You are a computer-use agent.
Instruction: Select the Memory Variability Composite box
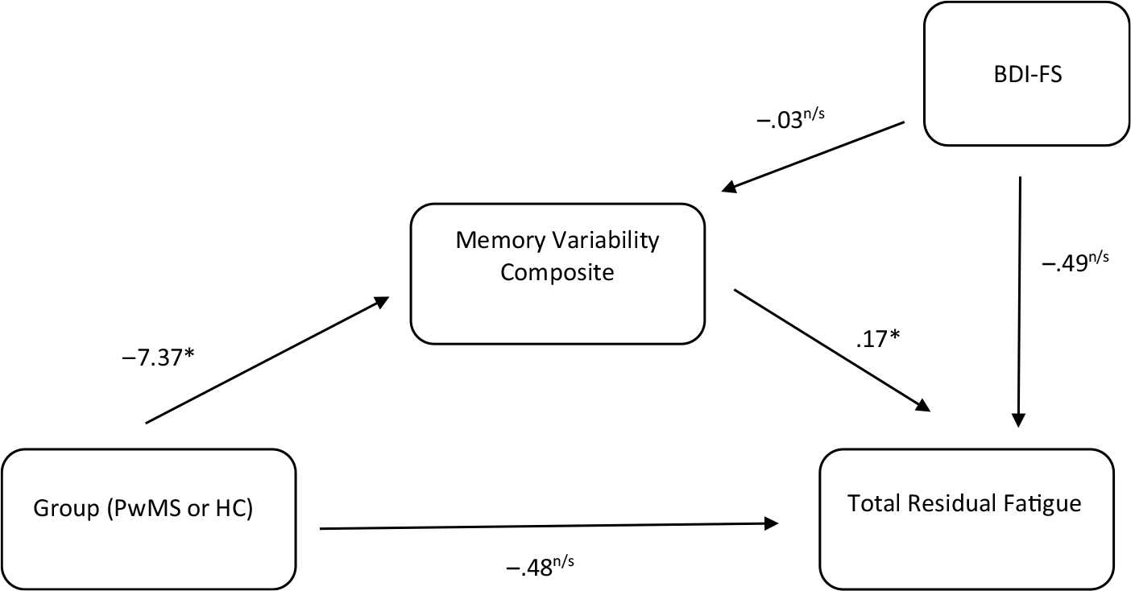pyautogui.click(x=557, y=273)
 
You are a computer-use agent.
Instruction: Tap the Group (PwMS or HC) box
pyautogui.click(x=148, y=519)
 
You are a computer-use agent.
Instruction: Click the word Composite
pyautogui.click(x=557, y=273)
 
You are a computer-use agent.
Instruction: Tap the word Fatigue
pyautogui.click(x=1046, y=505)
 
